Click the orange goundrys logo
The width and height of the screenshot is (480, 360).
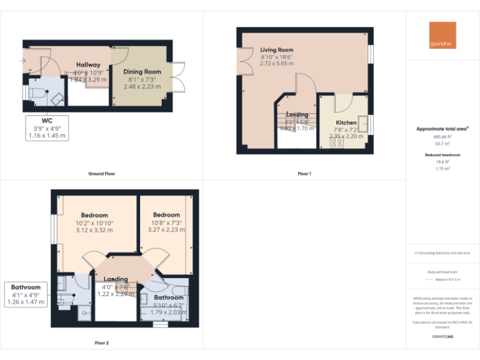[442, 36]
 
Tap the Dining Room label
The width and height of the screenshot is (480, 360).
[142, 72]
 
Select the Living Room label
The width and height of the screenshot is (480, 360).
[276, 50]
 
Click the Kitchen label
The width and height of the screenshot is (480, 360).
[346, 122]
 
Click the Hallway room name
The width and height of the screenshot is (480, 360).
[88, 65]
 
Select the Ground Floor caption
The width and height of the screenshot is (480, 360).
[101, 174]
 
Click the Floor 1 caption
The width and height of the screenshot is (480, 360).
[304, 174]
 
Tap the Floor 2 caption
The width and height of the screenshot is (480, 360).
[101, 343]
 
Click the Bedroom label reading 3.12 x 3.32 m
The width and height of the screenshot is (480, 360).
[94, 216]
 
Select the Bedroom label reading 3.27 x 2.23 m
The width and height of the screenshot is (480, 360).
[166, 216]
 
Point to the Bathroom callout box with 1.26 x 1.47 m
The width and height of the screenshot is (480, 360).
[26, 294]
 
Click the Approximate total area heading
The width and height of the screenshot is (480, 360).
[442, 129]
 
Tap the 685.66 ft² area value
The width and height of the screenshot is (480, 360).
[442, 136]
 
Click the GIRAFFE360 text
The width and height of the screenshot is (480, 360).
[442, 336]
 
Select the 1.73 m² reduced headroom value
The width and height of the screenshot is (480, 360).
[442, 169]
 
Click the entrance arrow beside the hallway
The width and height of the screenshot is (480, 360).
[23, 61]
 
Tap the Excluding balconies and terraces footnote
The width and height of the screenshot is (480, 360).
[442, 253]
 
